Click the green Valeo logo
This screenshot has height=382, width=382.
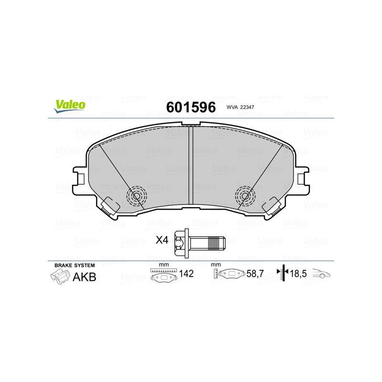pos(70,106)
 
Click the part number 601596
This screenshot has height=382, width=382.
pos(191,107)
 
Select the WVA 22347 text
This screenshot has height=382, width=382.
pos(240,107)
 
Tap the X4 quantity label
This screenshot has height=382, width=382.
pos(162,240)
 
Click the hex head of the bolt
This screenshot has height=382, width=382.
pos(180,244)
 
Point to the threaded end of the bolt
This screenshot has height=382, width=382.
pos(217,244)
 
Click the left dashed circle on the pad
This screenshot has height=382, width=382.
pos(137,196)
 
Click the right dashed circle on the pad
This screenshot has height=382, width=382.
pos(245,196)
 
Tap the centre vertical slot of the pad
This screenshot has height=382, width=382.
pos(191,165)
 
